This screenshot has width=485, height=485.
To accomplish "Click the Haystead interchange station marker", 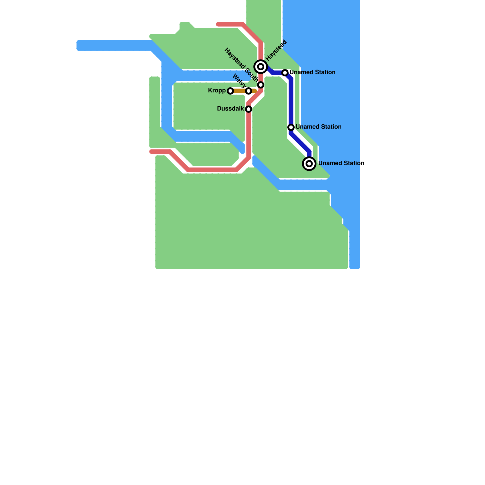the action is (x=261, y=67).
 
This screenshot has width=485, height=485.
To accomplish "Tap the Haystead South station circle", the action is (x=261, y=85).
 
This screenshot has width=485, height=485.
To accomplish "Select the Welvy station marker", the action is (x=249, y=91).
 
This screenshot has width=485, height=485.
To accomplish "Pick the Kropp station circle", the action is (x=230, y=91).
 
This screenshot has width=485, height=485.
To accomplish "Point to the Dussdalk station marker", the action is (x=249, y=109).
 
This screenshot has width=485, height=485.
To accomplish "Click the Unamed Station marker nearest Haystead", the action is (x=285, y=73).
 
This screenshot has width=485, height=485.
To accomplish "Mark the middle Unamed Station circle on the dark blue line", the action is (x=291, y=127).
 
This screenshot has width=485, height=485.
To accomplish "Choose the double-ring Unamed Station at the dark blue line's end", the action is (x=309, y=164).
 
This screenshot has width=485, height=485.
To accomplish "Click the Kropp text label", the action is (x=217, y=91).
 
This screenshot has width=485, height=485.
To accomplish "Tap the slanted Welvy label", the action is (x=239, y=81).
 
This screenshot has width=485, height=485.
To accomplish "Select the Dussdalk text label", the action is (x=230, y=109).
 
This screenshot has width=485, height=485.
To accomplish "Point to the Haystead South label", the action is (x=241, y=65).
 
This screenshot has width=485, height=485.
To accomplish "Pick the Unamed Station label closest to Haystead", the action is (x=313, y=72).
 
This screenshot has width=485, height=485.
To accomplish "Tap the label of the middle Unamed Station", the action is (x=319, y=127).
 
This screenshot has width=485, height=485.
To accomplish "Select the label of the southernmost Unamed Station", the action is (x=341, y=163).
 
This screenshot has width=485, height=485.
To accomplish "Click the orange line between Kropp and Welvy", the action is (x=239, y=91).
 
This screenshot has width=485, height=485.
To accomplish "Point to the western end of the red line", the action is (x=152, y=152).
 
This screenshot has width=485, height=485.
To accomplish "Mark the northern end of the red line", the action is (x=218, y=24).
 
